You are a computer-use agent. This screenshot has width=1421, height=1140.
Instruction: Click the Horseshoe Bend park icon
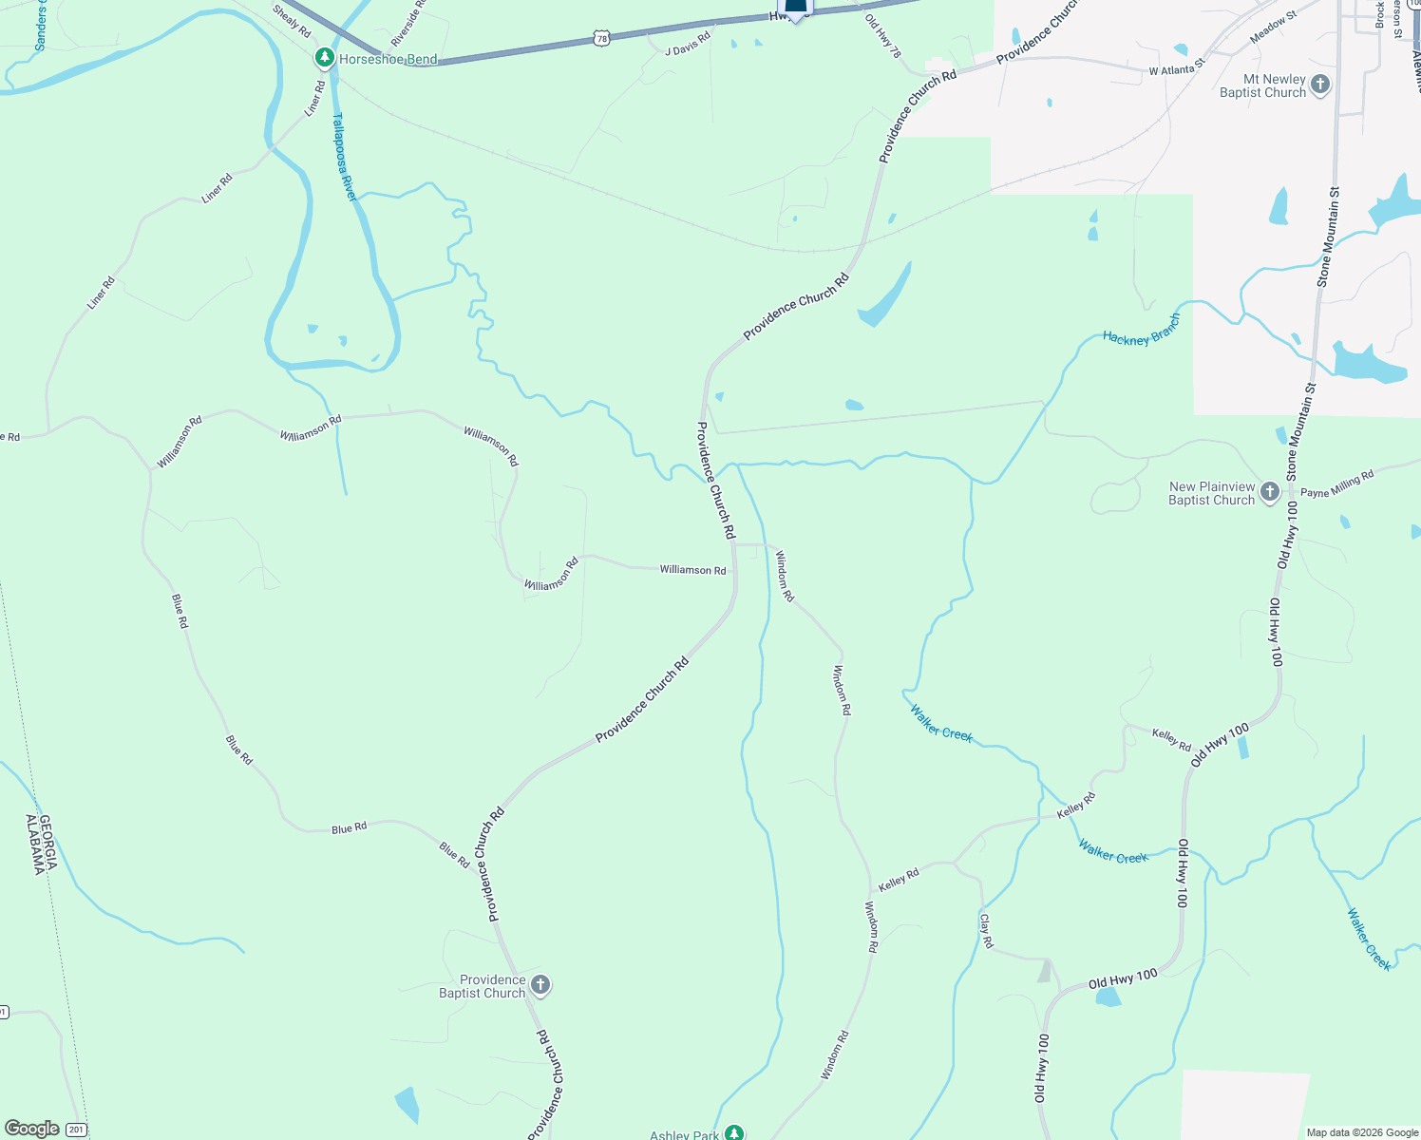325,59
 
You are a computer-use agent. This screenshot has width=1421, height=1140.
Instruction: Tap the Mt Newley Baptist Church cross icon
1319,85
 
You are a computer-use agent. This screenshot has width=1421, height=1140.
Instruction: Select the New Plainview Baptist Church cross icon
1270,492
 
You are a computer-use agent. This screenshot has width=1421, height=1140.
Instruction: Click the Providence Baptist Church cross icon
540,985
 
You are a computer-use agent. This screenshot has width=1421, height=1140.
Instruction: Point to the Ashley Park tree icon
733,1132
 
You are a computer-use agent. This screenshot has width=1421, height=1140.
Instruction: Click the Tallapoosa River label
343,157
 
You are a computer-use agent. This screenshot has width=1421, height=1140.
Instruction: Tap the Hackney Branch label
1141,331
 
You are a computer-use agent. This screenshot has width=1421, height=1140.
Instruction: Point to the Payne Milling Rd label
1336,484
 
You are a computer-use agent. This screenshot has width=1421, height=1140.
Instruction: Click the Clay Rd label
986,931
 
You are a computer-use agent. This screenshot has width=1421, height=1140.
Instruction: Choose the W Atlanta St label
1176,66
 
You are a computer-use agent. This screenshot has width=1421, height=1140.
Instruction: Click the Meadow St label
1273,27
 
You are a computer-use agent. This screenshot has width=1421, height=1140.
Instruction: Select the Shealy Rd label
292,22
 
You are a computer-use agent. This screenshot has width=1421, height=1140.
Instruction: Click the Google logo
31,1129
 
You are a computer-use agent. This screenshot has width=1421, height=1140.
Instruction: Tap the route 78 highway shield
599,38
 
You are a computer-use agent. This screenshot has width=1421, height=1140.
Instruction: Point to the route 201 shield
76,1130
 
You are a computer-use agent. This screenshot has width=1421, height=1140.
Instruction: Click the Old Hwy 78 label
883,36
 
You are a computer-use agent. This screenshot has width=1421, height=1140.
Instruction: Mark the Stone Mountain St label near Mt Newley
1328,237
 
